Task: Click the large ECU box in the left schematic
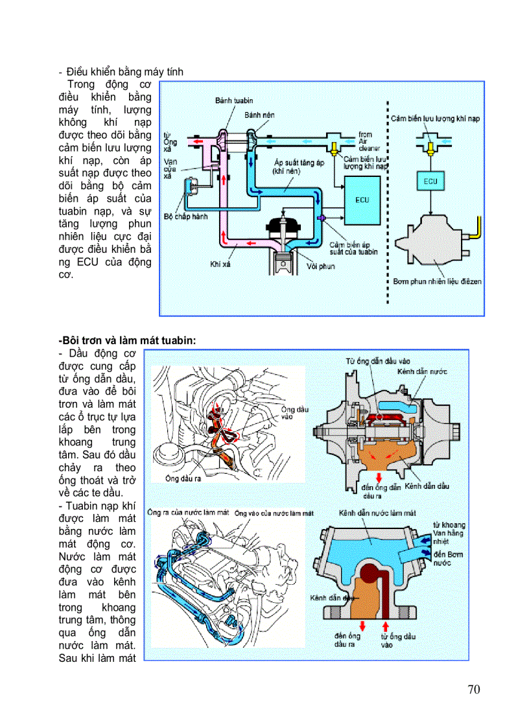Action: [x=362, y=200]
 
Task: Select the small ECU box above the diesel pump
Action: [x=430, y=182]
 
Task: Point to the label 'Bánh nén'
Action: [x=259, y=115]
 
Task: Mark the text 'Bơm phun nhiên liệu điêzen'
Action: [x=437, y=281]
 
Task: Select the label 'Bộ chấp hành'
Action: [x=186, y=216]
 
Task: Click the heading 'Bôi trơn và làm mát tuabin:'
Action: [x=126, y=340]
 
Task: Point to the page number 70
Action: [x=474, y=689]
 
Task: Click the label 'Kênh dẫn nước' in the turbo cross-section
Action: [x=422, y=372]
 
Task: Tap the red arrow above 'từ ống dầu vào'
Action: [x=387, y=626]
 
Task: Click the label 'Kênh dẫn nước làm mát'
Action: [x=377, y=513]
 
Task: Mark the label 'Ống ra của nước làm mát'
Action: [x=188, y=512]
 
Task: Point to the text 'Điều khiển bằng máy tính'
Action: [x=124, y=72]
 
